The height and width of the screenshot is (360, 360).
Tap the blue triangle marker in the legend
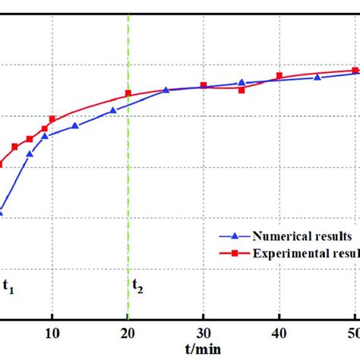(235, 235)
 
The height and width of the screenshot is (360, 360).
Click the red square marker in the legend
(235, 253)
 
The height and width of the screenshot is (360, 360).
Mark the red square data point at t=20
(128, 93)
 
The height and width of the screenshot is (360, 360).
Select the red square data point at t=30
(204, 85)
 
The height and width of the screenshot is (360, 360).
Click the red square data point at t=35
(242, 90)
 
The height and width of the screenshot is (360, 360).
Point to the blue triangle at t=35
(242, 82)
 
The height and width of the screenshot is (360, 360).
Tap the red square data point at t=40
(279, 75)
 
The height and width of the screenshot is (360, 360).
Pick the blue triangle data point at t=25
(166, 90)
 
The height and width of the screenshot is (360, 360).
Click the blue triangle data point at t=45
(317, 77)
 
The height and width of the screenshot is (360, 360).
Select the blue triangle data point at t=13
(75, 125)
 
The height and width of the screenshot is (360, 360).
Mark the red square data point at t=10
(52, 118)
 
